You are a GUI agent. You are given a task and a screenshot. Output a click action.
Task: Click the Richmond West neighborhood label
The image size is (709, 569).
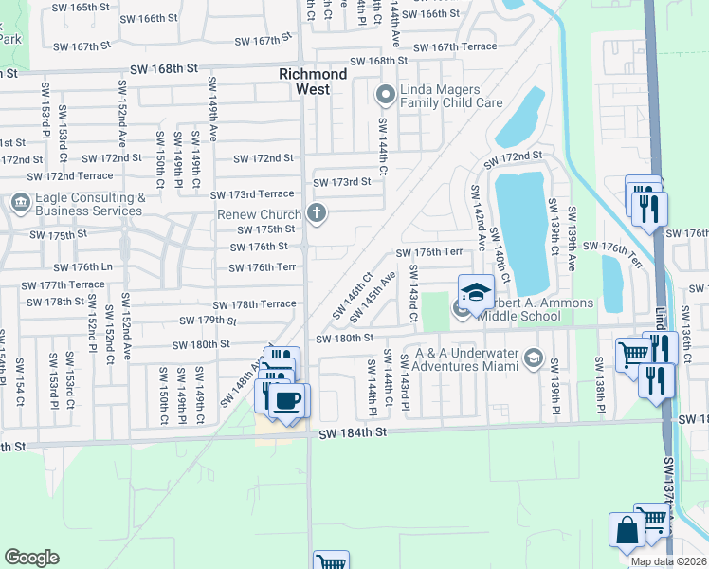(304, 81)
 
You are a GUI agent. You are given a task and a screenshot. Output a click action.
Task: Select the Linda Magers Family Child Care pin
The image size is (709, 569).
(385, 95)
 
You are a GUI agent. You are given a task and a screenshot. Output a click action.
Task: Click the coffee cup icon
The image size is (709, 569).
(287, 399)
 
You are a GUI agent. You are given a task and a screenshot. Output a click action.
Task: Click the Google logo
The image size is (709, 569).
(31, 558)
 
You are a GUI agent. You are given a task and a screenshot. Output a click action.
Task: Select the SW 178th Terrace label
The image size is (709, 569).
(254, 304)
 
